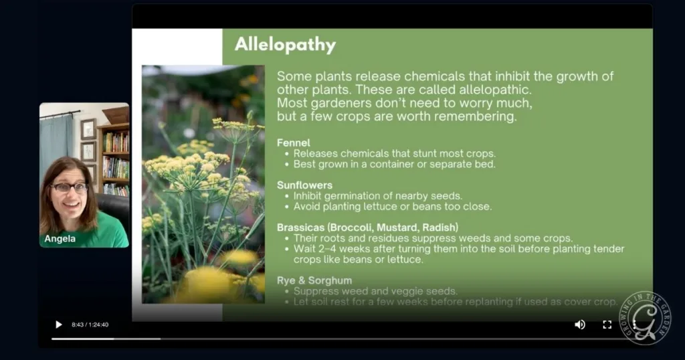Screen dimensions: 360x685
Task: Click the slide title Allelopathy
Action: point(285,45)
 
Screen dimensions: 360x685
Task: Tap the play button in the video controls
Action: point(58,325)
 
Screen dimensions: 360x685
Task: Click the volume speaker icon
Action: point(580,325)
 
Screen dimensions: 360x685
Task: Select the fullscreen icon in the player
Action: point(607,325)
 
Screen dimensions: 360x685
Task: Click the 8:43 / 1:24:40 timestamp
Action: point(90,325)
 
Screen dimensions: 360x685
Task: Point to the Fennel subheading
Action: point(294,143)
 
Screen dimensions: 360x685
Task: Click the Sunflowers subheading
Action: point(304,185)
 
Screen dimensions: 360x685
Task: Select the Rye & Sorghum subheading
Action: point(314,280)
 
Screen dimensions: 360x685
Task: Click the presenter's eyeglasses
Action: point(69,187)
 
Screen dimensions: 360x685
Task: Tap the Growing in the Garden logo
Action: point(646,318)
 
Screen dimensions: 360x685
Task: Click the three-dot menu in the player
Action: point(633,325)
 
